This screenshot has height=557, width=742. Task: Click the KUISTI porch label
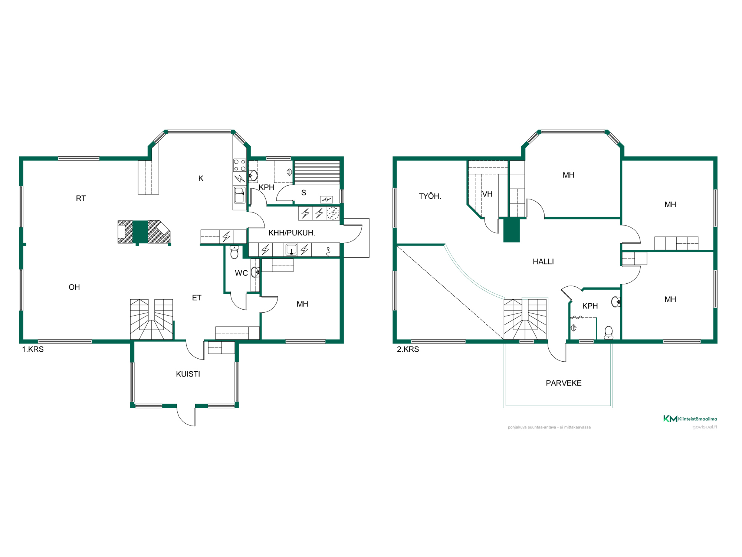click(188, 374)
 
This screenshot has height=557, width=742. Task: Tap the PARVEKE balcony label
click(564, 383)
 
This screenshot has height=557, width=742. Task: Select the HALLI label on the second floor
click(543, 261)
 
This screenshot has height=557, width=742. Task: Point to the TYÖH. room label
click(430, 196)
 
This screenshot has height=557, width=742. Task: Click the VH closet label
click(487, 194)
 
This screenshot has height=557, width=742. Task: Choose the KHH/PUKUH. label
click(292, 233)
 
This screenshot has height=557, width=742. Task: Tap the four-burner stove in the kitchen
click(239, 165)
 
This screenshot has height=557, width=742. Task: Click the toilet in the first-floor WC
click(234, 252)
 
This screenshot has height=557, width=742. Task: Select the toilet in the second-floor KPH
click(608, 333)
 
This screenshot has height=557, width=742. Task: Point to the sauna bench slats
click(317, 172)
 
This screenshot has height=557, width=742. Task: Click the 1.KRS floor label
click(33, 349)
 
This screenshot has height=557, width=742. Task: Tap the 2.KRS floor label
click(408, 349)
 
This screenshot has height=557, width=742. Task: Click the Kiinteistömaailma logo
click(690, 418)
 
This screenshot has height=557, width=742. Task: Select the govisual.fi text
click(705, 427)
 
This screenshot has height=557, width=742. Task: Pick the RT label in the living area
click(81, 198)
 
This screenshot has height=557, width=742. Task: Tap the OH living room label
click(74, 287)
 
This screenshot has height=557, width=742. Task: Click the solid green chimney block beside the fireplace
click(140, 232)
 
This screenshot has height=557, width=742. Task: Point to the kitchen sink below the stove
click(239, 195)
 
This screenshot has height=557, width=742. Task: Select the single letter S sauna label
click(303, 193)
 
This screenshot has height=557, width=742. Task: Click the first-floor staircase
click(151, 319)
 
